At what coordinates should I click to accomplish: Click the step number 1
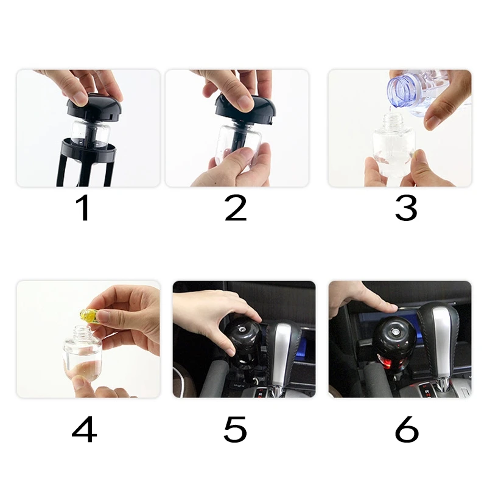tap(83, 208)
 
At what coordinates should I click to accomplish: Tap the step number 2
tap(236, 208)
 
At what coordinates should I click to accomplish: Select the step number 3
tap(406, 208)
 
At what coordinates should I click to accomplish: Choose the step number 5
tap(235, 430)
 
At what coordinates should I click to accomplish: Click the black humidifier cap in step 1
tap(94, 107)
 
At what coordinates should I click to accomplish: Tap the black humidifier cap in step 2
tap(245, 109)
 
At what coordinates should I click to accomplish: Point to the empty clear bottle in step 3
tap(394, 146)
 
